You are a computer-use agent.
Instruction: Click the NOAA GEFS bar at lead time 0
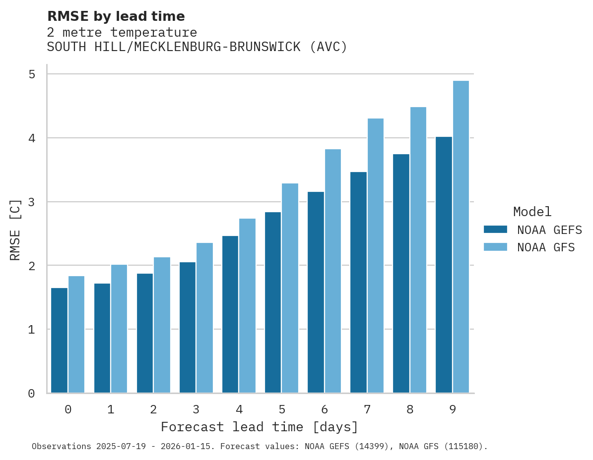(x=60, y=341)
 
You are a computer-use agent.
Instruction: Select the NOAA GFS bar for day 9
(x=461, y=237)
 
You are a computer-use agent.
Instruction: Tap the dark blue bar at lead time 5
(x=273, y=302)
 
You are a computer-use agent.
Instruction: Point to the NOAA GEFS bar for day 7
(x=358, y=283)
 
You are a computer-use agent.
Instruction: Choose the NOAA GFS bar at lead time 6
(x=333, y=271)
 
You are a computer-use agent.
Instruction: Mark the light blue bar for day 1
(x=119, y=329)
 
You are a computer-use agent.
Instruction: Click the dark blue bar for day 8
(x=401, y=274)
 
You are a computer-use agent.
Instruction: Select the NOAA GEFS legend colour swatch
(x=495, y=230)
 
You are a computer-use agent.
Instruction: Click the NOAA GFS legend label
(x=546, y=247)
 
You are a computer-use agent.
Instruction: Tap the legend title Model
(x=532, y=212)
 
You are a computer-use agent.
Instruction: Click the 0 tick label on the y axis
(x=31, y=394)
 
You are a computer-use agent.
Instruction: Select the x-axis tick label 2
(x=153, y=409)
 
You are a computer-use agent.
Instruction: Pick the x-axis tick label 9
(x=453, y=409)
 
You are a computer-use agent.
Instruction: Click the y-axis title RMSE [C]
(x=15, y=230)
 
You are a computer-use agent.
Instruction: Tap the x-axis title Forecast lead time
(x=259, y=427)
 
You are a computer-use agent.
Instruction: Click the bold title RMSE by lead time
(x=116, y=16)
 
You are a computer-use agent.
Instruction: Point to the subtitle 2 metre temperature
(x=122, y=33)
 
